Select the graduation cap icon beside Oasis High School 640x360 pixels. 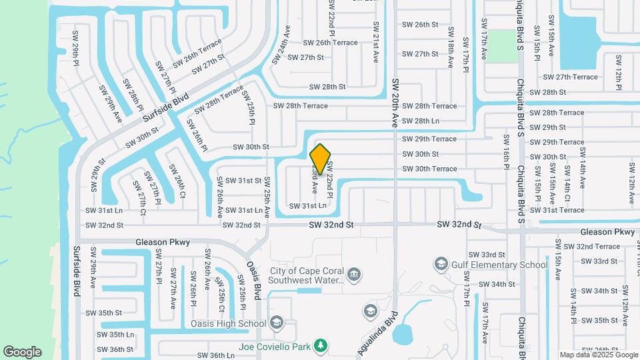coord(276,324)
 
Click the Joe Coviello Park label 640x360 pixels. coord(275,347)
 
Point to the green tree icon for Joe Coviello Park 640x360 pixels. coord(321,345)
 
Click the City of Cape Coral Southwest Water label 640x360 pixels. coord(307,275)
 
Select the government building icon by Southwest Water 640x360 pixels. coord(355,274)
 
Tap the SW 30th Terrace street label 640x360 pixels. coord(429,169)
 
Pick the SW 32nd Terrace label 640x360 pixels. coord(579,247)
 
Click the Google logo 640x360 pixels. coord(22,352)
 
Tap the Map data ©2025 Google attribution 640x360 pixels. coord(598,355)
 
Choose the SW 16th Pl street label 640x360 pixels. coord(507,161)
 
